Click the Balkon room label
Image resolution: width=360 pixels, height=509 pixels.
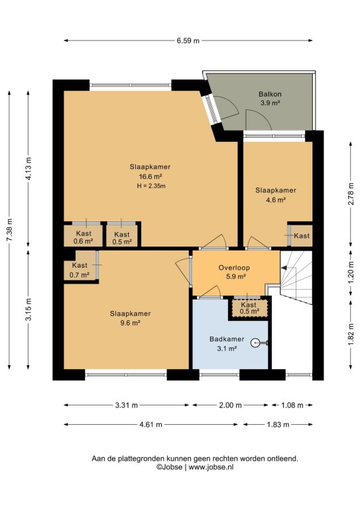pyautogui.click(x=270, y=94)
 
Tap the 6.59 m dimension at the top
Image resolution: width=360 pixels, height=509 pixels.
pyautogui.click(x=188, y=41)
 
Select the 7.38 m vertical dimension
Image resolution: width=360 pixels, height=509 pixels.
pyautogui.click(x=9, y=230)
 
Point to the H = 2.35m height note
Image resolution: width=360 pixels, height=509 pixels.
pyautogui.click(x=151, y=186)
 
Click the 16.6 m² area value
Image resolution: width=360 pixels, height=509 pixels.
pyautogui.click(x=150, y=176)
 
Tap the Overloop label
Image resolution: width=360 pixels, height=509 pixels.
pyautogui.click(x=234, y=268)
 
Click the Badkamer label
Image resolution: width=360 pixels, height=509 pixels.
pyautogui.click(x=227, y=339)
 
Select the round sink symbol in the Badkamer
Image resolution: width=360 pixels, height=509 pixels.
pyautogui.click(x=255, y=343)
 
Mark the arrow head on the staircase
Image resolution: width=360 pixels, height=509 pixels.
pyautogui.click(x=284, y=268)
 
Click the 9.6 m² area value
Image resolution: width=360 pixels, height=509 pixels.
pyautogui.click(x=130, y=323)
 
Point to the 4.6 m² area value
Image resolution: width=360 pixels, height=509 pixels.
pyautogui.click(x=276, y=200)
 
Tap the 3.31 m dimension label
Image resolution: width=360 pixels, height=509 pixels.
pyautogui.click(x=126, y=405)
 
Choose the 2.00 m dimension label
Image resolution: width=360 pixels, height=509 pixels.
pyautogui.click(x=230, y=405)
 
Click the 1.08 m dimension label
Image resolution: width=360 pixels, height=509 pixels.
pyautogui.click(x=292, y=405)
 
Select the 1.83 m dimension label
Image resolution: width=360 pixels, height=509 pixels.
pyautogui.click(x=278, y=424)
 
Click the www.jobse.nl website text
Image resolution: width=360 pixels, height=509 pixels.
pyautogui.click(x=211, y=467)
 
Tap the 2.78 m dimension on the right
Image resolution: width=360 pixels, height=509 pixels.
pyautogui.click(x=351, y=194)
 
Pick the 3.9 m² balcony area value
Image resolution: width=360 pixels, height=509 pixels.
pyautogui.click(x=270, y=103)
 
